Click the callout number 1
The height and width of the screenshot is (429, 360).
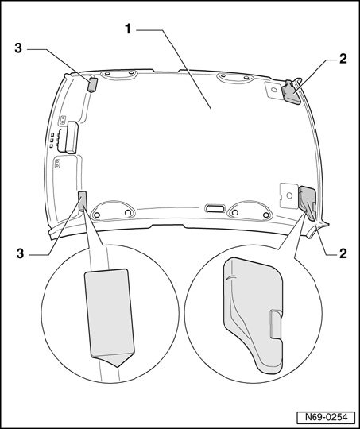click(128, 29)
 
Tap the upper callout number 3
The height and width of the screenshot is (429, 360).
click(18, 48)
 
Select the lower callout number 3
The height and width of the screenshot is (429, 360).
click(20, 253)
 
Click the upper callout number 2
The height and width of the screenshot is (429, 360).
click(343, 59)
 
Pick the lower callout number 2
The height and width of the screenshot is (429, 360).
click(343, 253)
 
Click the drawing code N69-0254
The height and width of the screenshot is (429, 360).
click(326, 417)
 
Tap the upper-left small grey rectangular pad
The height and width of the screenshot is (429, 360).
click(92, 85)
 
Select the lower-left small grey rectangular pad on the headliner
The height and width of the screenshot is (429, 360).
click(83, 201)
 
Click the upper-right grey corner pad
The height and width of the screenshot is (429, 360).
click(292, 92)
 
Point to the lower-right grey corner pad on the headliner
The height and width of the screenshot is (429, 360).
click(308, 202)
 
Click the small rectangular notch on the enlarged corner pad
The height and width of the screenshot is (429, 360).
click(276, 324)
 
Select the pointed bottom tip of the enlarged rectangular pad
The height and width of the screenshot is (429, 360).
click(118, 366)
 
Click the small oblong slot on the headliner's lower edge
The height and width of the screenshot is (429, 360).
click(215, 208)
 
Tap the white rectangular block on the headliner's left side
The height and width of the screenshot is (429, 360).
click(72, 137)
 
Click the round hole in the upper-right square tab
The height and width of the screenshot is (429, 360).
click(273, 90)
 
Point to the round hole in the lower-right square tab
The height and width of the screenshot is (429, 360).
click(289, 195)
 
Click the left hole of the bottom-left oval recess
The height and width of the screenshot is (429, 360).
click(96, 215)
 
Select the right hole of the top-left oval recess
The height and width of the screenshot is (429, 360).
click(131, 73)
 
